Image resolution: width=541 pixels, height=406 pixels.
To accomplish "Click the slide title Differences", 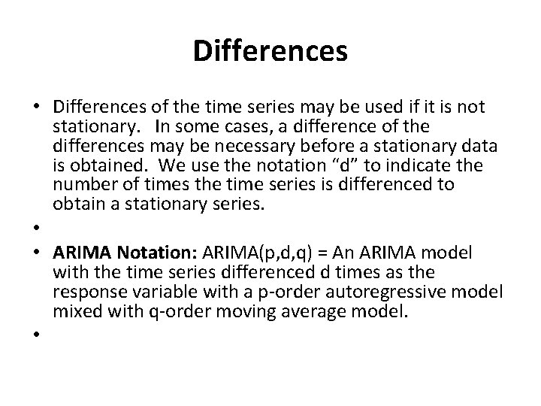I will coord(270,52).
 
